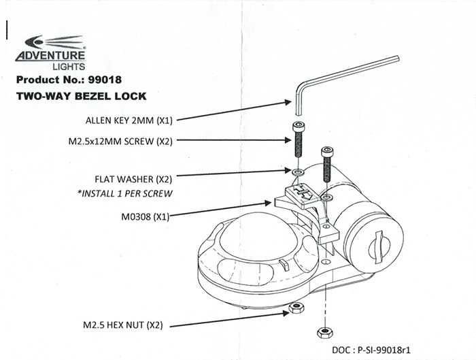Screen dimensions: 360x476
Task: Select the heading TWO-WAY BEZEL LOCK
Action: click(81, 97)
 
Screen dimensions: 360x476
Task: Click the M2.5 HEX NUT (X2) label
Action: click(123, 325)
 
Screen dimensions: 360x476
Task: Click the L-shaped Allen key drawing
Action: click(340, 78)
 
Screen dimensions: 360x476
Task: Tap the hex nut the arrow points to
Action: click(296, 307)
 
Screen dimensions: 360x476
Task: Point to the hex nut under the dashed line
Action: click(324, 332)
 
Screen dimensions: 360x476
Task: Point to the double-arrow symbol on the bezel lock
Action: click(304, 194)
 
